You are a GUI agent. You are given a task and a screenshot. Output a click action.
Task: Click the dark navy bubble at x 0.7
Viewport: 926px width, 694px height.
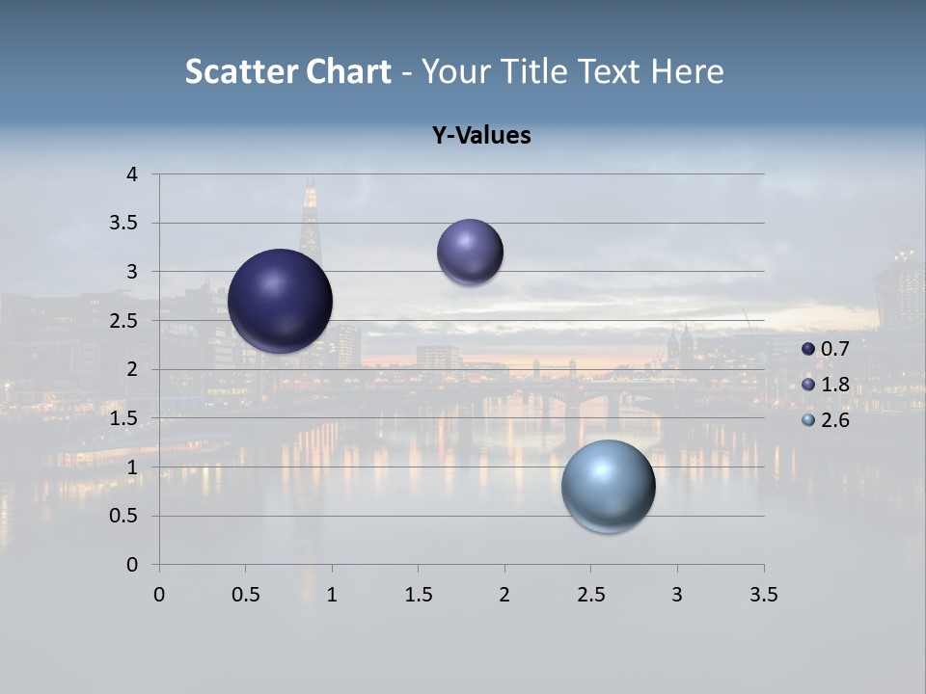[x=281, y=301]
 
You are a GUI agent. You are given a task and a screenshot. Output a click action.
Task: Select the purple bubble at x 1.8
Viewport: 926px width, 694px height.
[x=470, y=252]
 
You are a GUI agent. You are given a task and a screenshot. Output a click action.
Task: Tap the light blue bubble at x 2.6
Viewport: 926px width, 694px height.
[x=608, y=486]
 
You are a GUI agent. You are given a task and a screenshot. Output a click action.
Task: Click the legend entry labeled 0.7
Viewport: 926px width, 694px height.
[x=826, y=348]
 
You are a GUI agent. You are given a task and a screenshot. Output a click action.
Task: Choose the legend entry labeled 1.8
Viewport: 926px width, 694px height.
[x=826, y=385]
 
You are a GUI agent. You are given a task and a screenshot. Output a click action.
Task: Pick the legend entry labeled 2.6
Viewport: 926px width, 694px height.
[x=826, y=420]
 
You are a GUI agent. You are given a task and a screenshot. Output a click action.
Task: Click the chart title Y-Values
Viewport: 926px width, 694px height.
[x=480, y=136]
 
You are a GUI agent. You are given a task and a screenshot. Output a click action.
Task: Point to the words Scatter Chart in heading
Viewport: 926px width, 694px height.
[x=287, y=71]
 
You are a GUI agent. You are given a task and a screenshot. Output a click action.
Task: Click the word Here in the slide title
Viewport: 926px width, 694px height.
[x=687, y=71]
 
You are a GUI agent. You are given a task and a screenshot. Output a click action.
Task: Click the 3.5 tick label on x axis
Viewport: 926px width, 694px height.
[x=763, y=595]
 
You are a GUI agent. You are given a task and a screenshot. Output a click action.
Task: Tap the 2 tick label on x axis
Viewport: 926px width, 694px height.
[x=504, y=595]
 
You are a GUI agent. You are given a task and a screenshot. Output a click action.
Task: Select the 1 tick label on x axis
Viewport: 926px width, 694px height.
[x=332, y=595]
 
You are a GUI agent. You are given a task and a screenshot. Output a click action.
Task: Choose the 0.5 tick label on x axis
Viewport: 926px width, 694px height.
[x=245, y=595]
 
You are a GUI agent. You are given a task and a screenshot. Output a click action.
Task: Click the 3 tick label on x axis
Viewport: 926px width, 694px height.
[x=677, y=595]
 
